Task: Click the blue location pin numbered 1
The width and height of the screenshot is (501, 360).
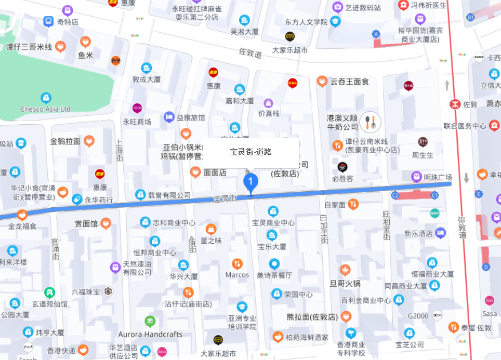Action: point(251,182)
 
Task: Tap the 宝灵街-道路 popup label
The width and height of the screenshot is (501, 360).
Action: point(251,152)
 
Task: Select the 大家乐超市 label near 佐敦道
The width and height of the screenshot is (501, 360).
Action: point(290,50)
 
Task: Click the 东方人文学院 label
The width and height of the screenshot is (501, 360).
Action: point(306,22)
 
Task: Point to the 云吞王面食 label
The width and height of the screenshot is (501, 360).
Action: point(349,82)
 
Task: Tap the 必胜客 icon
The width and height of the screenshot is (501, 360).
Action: point(342,167)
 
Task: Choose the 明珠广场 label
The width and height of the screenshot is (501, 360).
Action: point(438,177)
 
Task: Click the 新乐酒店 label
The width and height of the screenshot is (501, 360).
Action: point(418,233)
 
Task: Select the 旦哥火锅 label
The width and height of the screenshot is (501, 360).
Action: point(345,284)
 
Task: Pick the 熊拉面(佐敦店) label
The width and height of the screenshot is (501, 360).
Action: point(312,317)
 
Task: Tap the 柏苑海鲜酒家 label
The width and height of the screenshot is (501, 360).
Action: point(307,337)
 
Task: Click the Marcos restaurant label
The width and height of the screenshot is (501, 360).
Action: point(237,275)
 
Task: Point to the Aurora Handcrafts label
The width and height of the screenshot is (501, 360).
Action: point(150,334)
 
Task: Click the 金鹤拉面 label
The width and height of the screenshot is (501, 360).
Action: point(65,141)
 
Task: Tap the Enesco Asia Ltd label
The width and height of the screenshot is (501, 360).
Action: point(46,109)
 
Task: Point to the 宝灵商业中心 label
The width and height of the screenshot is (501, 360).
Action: point(273,222)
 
